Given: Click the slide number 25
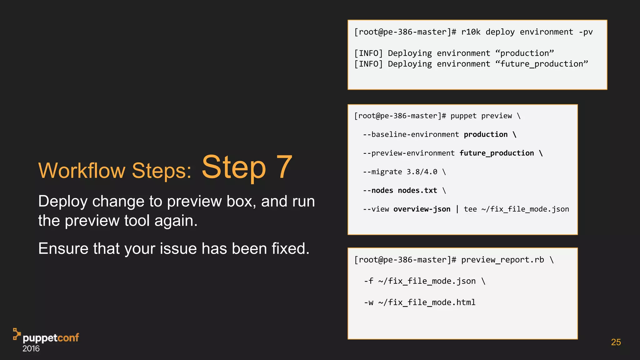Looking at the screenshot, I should click(x=616, y=342).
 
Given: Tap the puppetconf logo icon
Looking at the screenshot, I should click(x=17, y=334).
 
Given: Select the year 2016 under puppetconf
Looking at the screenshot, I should click(x=31, y=349).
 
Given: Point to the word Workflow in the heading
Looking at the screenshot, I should click(x=82, y=171).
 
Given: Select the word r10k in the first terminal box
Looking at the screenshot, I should click(x=471, y=32).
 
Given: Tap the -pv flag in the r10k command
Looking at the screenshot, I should click(x=586, y=32).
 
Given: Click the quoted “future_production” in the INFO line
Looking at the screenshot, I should click(x=542, y=64).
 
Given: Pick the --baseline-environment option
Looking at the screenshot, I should click(x=411, y=134).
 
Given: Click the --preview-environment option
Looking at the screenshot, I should click(x=408, y=153).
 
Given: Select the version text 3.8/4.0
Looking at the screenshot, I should click(x=422, y=172).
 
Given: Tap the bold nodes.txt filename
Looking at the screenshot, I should click(x=417, y=191).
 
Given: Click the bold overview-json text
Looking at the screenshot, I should click(x=422, y=209).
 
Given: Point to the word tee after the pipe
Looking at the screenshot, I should click(x=470, y=209).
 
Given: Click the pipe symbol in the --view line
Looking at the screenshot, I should click(x=457, y=209).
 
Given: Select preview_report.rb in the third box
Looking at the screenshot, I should click(x=502, y=260).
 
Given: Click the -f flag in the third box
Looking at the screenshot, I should click(x=368, y=281).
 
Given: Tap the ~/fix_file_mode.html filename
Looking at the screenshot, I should click(x=427, y=302).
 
